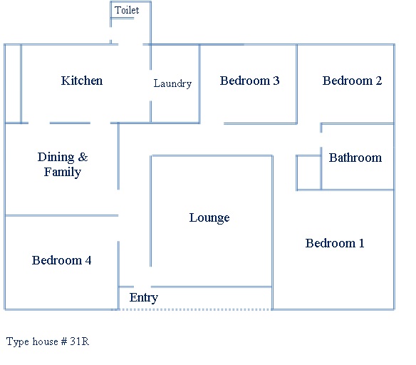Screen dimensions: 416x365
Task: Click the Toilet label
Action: pos(127,10)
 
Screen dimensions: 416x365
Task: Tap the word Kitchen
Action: pos(82,81)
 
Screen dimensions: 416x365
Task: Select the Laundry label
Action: pos(172,83)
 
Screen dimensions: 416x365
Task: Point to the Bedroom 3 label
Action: pos(249,81)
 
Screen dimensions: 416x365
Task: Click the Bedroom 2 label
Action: pos(352,81)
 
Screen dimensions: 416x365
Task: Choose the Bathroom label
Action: pos(355,158)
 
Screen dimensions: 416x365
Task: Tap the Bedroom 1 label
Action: pos(335,243)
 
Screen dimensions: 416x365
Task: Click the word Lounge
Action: pos(209,217)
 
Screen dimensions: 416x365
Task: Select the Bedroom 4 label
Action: pos(61,260)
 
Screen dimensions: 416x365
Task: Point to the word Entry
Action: pos(144,297)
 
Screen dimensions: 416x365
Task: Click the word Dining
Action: pos(56,157)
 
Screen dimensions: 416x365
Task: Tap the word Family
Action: pos(63,172)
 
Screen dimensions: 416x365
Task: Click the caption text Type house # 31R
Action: pos(48,341)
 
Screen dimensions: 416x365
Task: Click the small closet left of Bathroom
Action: pos(308,173)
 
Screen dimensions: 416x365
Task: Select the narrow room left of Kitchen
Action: pos(13,83)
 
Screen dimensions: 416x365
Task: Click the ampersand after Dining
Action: pos(83,157)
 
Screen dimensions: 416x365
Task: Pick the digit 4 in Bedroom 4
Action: pos(88,260)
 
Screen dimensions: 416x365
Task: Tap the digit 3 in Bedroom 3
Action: pos(276,81)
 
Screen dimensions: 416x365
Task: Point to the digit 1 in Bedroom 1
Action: pos(362,243)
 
